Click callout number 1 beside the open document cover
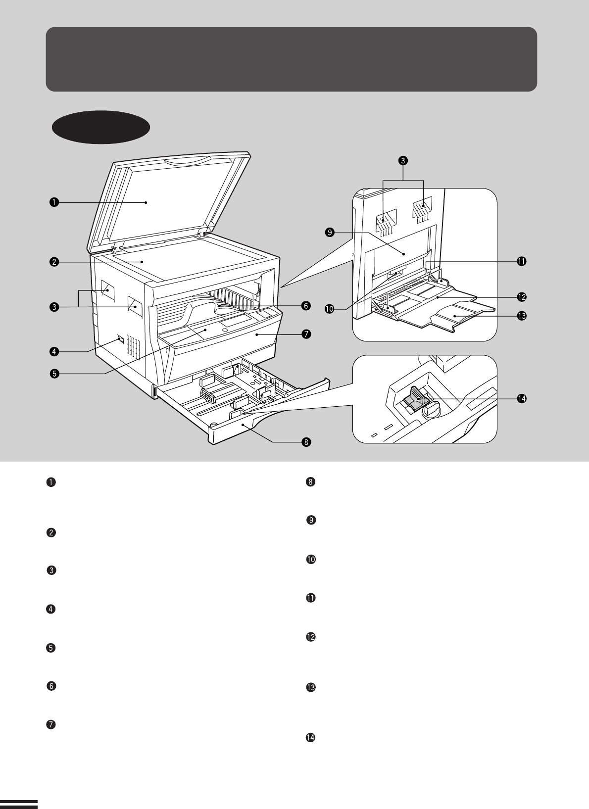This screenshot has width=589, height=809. click(53, 202)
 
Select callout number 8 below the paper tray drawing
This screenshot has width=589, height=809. click(306, 442)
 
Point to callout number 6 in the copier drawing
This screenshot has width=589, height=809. click(306, 306)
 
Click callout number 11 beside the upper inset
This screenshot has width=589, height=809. click(521, 261)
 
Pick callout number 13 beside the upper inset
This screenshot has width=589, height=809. click(521, 315)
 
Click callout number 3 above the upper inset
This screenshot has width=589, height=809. click(403, 160)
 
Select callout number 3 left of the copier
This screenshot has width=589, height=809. click(53, 307)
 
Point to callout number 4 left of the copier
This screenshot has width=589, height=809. click(53, 352)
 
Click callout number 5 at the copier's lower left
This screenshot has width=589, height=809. click(53, 374)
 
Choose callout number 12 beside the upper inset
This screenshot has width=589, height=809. click(521, 297)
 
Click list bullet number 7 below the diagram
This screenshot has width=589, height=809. click(50, 724)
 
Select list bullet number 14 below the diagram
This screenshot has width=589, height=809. click(311, 738)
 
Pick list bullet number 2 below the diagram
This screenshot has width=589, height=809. click(50, 533)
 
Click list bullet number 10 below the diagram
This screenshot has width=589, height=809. click(311, 560)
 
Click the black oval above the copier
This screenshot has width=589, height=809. click(101, 127)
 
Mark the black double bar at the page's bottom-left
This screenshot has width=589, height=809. click(19, 804)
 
